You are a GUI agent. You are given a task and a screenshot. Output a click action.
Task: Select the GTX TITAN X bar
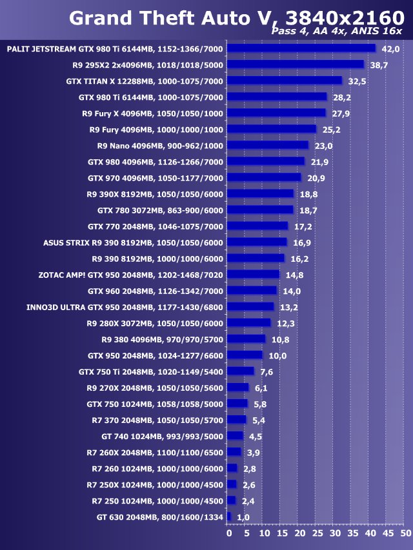(x=285, y=81)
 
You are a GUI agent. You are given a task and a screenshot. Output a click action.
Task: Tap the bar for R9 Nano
(x=268, y=145)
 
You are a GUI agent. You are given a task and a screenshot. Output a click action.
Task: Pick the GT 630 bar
(x=229, y=516)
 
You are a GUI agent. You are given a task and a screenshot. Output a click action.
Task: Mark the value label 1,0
(x=243, y=517)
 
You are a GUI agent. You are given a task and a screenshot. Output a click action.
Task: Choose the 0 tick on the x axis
(x=228, y=534)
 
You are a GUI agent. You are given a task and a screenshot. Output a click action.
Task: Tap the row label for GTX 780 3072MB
(x=160, y=210)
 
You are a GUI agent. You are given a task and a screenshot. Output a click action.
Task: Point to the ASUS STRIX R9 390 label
(x=133, y=242)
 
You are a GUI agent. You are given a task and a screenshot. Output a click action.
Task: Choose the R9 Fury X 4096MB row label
(x=152, y=113)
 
